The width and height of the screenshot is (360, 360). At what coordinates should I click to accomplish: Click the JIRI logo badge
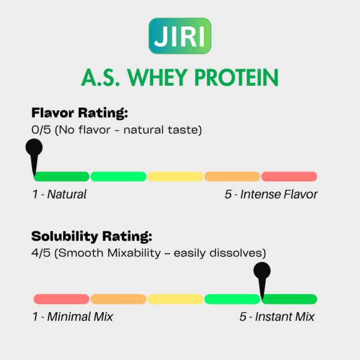[180, 36]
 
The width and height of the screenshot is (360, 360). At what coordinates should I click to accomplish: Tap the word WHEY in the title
[157, 77]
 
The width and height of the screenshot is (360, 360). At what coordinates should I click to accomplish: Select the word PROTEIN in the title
[236, 77]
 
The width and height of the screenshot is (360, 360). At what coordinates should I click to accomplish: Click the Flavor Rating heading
[79, 113]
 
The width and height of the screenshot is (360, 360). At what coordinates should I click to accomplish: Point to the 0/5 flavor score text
[41, 130]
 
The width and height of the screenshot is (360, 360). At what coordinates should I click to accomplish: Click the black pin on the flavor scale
[34, 155]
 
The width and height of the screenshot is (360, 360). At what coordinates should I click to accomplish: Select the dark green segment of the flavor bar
[61, 176]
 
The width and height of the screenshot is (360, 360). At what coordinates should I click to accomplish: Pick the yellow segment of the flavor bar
[175, 176]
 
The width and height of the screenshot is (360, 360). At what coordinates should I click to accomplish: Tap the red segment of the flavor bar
[289, 176]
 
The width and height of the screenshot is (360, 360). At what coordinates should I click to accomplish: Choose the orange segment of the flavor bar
[232, 176]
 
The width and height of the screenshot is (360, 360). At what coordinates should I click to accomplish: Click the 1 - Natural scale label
[59, 194]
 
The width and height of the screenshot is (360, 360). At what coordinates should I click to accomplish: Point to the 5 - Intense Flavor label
[271, 194]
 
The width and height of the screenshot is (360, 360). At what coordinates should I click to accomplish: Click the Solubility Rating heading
[92, 236]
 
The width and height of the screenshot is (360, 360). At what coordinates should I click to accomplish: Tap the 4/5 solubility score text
[41, 253]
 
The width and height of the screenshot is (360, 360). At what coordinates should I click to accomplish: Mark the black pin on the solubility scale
[262, 280]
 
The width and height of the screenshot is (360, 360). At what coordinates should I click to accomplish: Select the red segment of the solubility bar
[61, 299]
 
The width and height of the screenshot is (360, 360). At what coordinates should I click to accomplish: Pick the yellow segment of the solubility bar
[175, 299]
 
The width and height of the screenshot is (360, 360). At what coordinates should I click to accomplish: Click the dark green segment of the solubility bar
[289, 299]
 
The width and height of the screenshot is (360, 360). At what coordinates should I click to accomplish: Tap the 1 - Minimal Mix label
[73, 317]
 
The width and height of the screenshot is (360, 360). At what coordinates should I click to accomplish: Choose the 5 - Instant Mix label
[277, 317]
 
